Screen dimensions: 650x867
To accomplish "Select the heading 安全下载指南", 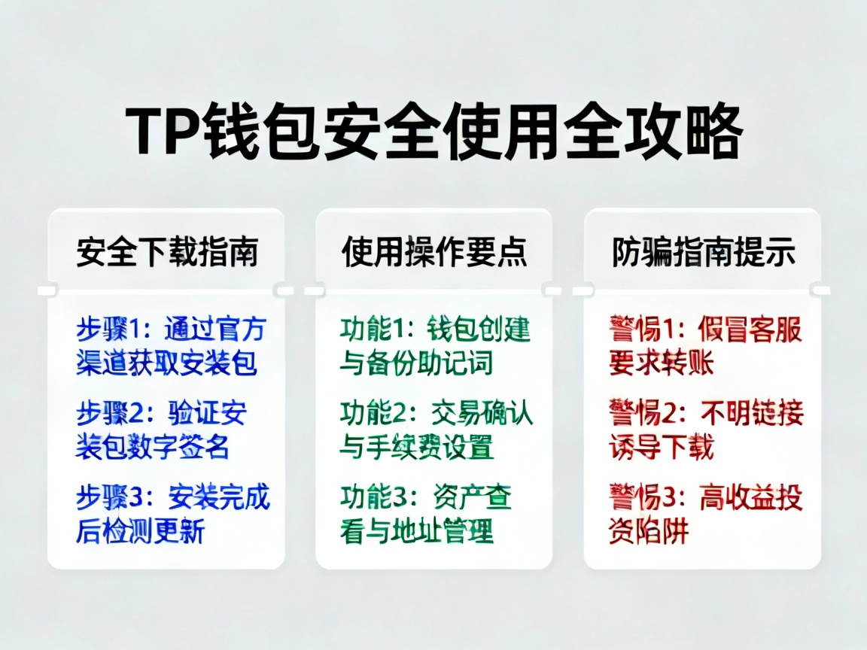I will [167, 253].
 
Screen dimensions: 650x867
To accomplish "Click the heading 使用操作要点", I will [434, 253].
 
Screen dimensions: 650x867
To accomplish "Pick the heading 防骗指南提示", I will [703, 253].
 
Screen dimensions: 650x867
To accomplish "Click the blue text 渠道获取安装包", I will [167, 363].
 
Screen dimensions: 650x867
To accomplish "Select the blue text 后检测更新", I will [140, 531].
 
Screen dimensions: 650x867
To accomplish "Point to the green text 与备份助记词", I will [416, 363].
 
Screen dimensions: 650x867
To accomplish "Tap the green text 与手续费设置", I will [416, 448].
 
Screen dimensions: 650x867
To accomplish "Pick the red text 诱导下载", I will [662, 448].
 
